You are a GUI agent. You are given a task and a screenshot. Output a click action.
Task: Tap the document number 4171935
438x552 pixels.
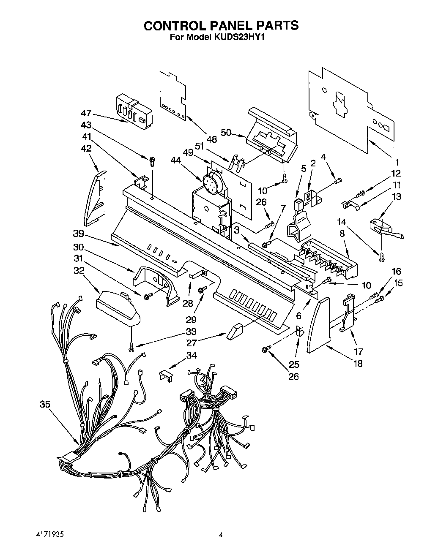[x=49, y=534]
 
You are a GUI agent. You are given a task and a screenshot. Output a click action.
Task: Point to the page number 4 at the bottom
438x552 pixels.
[x=220, y=535]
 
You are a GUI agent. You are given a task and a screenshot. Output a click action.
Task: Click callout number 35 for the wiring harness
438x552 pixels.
[x=45, y=404]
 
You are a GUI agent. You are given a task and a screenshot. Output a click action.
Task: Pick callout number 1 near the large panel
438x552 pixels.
[x=397, y=161]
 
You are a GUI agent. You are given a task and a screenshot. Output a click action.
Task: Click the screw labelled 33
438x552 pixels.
[x=132, y=347]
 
